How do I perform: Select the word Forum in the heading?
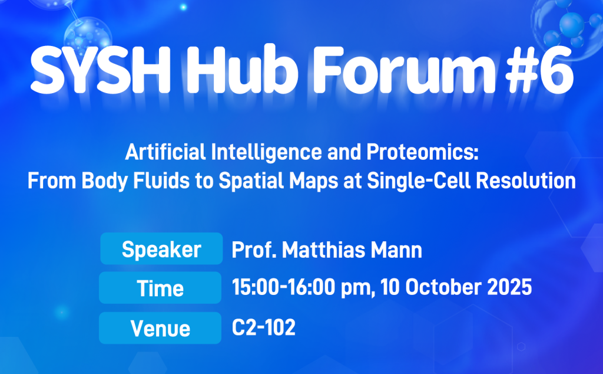[404, 70]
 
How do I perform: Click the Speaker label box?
[161, 248]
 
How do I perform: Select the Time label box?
[160, 288]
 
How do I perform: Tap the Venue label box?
[160, 328]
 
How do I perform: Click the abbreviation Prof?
[254, 250]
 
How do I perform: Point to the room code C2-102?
[264, 327]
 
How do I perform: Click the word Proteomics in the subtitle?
[422, 152]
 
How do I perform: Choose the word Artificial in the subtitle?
[165, 152]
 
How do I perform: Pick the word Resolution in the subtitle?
[526, 181]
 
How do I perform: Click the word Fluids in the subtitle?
[161, 181]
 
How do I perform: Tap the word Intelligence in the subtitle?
[267, 153]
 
